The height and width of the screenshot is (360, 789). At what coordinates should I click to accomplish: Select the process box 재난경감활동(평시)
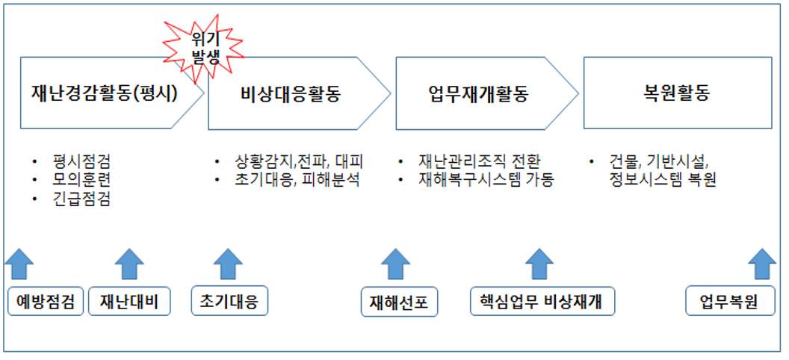click(x=105, y=94)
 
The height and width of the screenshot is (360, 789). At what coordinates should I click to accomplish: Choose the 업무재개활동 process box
click(x=478, y=94)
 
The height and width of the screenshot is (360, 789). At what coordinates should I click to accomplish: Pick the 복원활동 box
click(x=676, y=94)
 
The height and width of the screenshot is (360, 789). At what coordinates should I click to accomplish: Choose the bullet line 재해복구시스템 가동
click(x=486, y=180)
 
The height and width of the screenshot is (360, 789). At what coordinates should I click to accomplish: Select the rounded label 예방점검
click(x=46, y=302)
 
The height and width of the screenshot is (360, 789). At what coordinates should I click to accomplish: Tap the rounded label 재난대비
click(x=129, y=302)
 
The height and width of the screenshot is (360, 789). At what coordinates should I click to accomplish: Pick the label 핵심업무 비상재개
click(x=543, y=302)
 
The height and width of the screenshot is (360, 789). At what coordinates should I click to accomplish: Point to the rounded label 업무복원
click(x=729, y=302)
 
